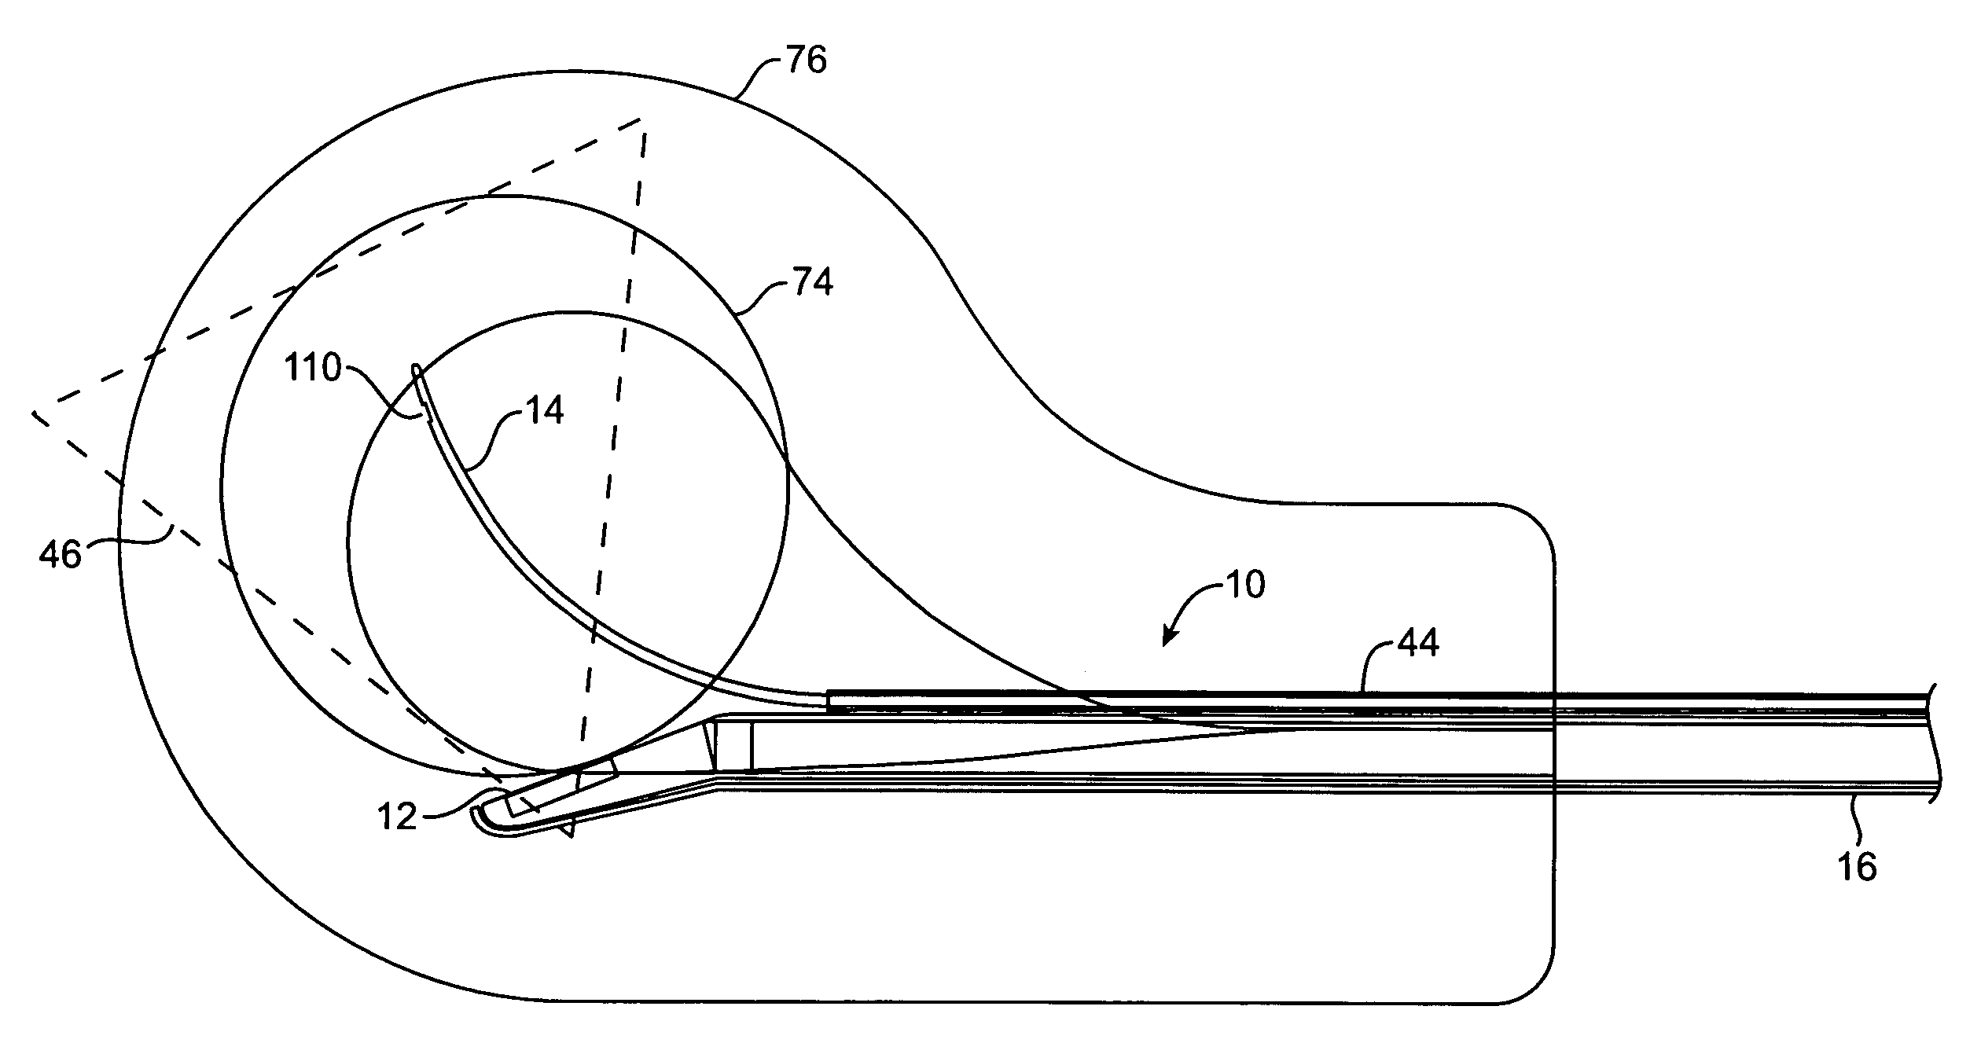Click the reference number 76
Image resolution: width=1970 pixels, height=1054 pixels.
point(806,61)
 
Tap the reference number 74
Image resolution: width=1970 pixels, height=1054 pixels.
point(812,282)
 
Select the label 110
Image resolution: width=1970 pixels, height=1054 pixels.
point(313,368)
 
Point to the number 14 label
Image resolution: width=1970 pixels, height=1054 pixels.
point(542,410)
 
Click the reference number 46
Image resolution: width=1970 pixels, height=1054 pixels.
point(61,555)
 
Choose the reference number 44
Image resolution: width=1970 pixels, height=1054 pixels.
point(1418,645)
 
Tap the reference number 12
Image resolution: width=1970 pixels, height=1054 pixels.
point(398,817)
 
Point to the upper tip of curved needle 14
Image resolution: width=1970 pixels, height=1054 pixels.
point(416,369)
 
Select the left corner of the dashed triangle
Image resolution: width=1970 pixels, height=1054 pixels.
point(33,413)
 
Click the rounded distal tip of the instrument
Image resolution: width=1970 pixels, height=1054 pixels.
point(477,819)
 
